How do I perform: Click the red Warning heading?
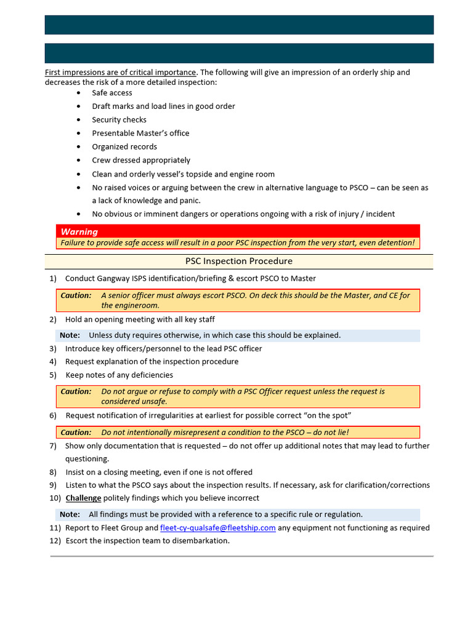79,232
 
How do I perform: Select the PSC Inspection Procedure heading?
239,261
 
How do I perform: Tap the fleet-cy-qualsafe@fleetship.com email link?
217,528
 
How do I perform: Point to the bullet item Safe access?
112,93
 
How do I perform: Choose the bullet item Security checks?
119,120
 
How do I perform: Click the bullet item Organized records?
124,147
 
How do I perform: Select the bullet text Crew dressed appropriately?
141,161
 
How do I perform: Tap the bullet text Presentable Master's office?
140,134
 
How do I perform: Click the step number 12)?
55,541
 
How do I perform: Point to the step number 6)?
53,416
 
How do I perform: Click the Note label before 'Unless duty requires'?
70,335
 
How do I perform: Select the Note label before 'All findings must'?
70,514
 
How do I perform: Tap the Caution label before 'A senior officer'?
76,295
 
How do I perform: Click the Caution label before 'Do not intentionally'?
76,433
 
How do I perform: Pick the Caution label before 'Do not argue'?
76,391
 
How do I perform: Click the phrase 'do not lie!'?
327,433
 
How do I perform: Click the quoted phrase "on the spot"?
327,416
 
